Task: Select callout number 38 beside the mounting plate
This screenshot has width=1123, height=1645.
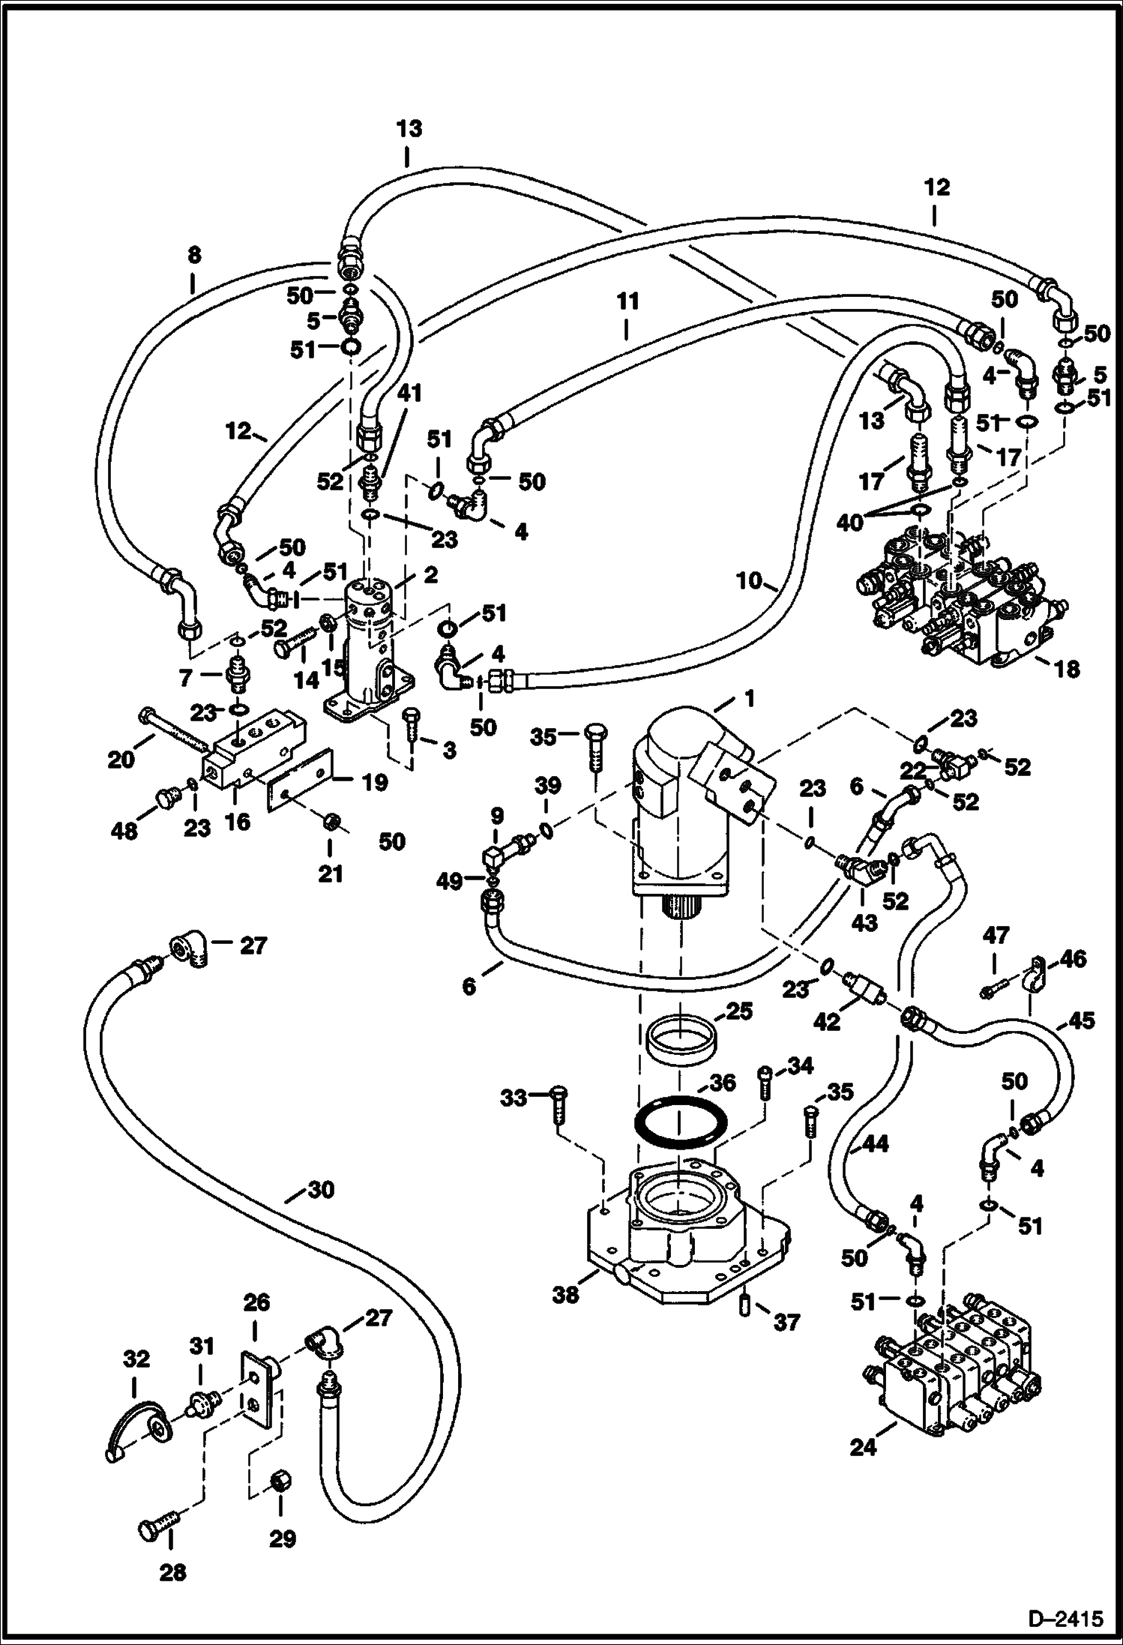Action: [x=566, y=1293]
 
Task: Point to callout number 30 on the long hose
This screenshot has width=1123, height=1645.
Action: [x=320, y=1190]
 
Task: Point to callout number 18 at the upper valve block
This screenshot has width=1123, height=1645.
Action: [x=1067, y=669]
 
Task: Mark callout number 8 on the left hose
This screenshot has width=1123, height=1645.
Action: [x=194, y=256]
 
